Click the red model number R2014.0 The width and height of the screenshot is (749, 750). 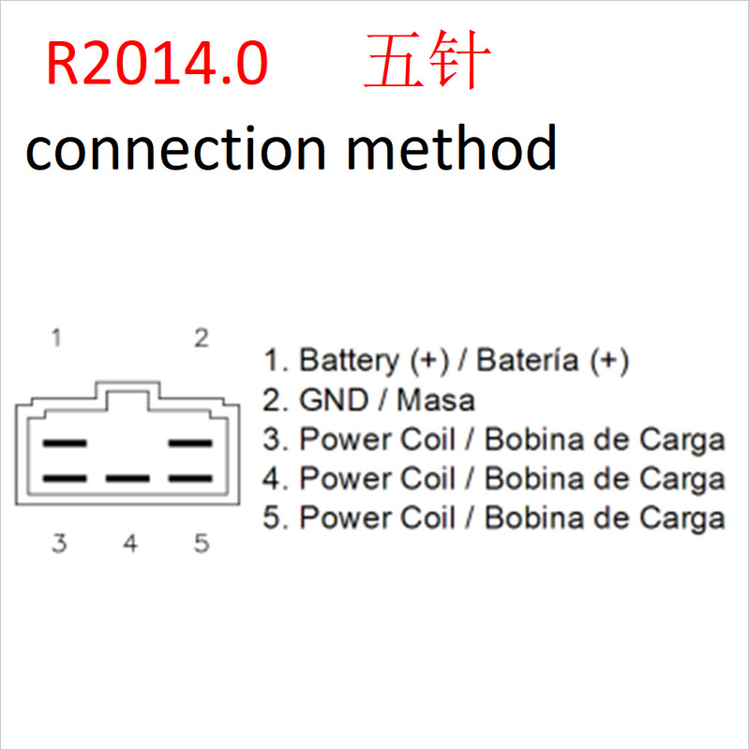[157, 64]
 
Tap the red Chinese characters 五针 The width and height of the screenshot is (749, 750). [427, 64]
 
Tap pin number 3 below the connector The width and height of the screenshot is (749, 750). [58, 544]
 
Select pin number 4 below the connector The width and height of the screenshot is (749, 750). [130, 544]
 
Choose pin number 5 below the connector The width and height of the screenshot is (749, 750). [202, 544]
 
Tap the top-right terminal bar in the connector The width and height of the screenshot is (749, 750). [190, 442]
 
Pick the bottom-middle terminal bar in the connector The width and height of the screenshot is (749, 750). [127, 478]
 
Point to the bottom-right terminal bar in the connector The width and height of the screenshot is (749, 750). [190, 478]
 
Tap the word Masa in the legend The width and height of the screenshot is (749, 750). [436, 400]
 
